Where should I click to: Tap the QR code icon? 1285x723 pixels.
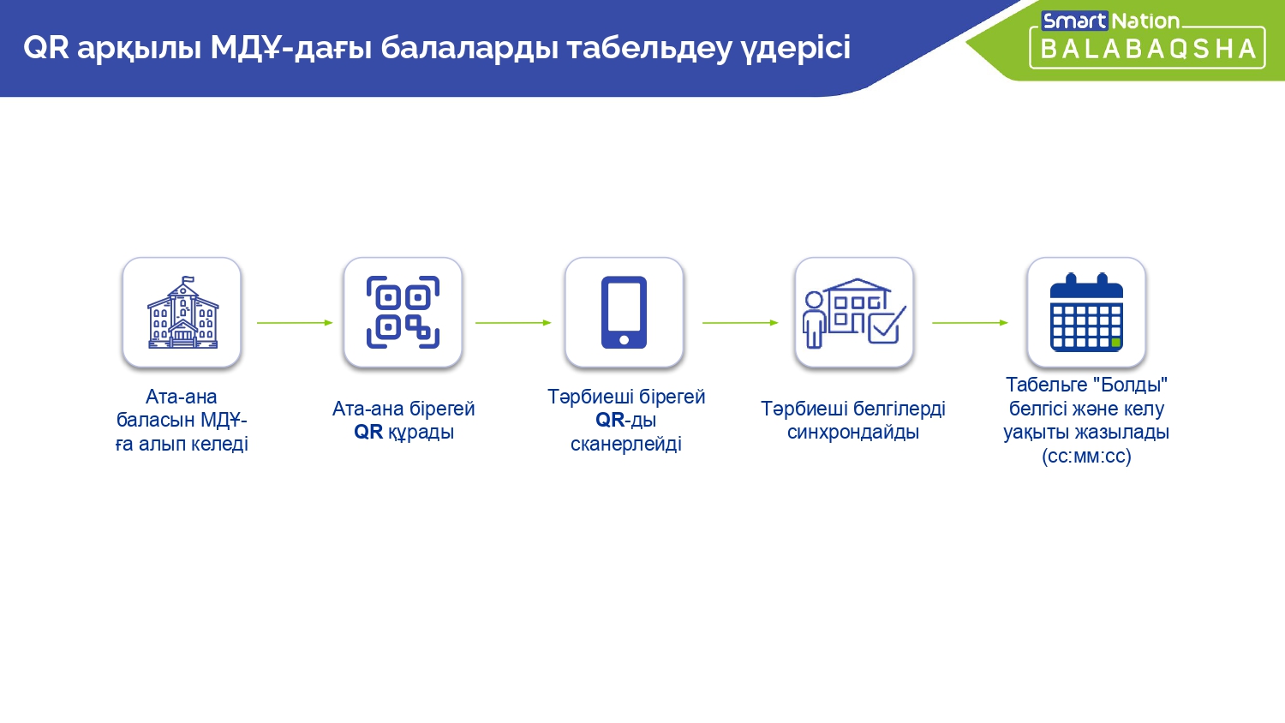[403, 312]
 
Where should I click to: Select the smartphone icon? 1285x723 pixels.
[624, 312]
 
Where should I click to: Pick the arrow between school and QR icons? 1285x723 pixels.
[295, 323]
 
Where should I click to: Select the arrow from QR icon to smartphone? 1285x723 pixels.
[513, 323]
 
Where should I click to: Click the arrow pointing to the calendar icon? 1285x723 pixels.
[970, 323]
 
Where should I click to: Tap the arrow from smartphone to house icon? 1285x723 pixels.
[741, 323]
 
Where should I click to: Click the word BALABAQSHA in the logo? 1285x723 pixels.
[1148, 50]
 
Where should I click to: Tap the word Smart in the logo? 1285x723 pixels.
[1074, 21]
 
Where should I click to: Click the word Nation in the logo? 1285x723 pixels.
[1145, 21]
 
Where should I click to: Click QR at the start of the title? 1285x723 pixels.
[46, 47]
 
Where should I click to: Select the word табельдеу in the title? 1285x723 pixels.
[649, 48]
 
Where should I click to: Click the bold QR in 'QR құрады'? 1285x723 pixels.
[368, 432]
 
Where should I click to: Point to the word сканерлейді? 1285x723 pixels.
[626, 444]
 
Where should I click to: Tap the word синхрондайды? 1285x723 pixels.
[853, 432]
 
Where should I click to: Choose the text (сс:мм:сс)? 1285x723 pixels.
[1086, 457]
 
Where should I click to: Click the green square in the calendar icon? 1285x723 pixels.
[1115, 343]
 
